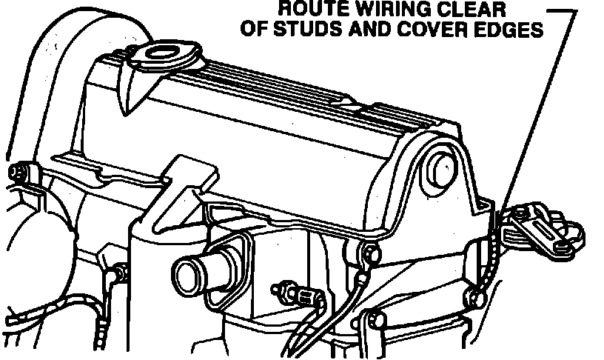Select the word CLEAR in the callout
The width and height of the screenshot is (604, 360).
[x=466, y=10]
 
